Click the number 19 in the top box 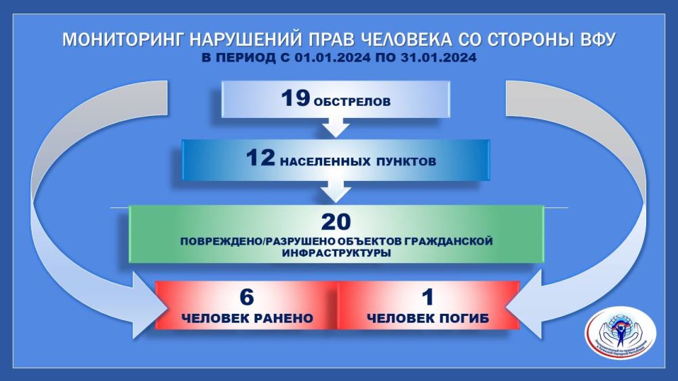pyautogui.click(x=296, y=99)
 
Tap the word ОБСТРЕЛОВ pyautogui.click(x=352, y=102)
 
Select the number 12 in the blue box pyautogui.click(x=261, y=159)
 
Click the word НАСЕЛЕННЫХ pyautogui.click(x=323, y=162)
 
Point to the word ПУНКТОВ pyautogui.click(x=405, y=162)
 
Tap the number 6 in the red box pyautogui.click(x=245, y=296)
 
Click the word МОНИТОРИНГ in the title pyautogui.click(x=117, y=40)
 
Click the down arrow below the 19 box pyautogui.click(x=337, y=127)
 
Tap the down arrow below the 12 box pyautogui.click(x=337, y=191)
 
